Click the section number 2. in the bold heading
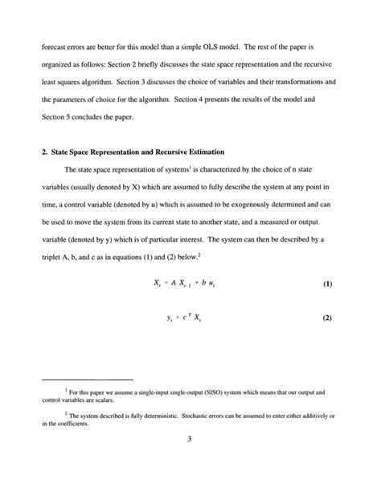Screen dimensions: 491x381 45,152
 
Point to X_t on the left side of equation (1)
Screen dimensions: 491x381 158,286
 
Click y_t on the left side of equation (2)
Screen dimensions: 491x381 170,319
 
